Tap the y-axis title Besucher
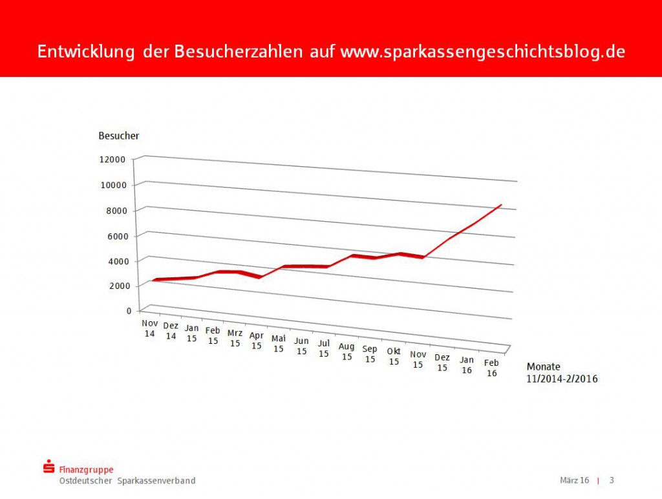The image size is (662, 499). coord(118,136)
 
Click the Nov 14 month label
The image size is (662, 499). coord(150,328)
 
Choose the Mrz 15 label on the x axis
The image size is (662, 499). coord(235,338)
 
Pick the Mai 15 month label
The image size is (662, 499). coord(279,343)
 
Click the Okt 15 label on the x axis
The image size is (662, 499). coord(394,356)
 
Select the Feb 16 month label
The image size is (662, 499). coord(492,368)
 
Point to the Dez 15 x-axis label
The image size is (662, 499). coord(442,362)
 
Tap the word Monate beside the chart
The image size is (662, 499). coord(544,366)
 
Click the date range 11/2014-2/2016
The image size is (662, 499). coord(562,379)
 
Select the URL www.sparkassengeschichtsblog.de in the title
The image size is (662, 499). coord(482,52)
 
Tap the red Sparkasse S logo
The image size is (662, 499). coord(48,467)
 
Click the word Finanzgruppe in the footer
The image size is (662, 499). coord(86,470)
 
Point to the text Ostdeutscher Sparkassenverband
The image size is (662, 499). coord(127,481)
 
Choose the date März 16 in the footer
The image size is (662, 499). coord(574,480)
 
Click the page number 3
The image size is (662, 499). coord(612,480)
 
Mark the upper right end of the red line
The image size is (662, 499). coord(501,204)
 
